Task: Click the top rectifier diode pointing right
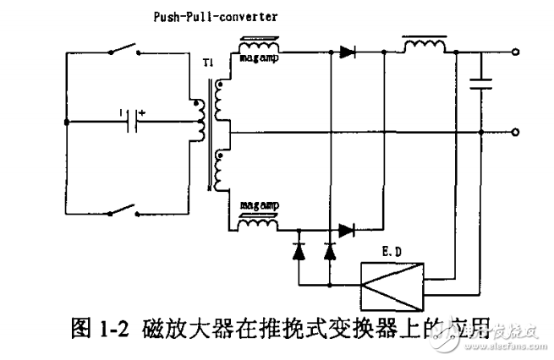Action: click(347, 52)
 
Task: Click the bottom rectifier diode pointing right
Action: click(347, 228)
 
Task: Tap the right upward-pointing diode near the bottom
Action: click(330, 250)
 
